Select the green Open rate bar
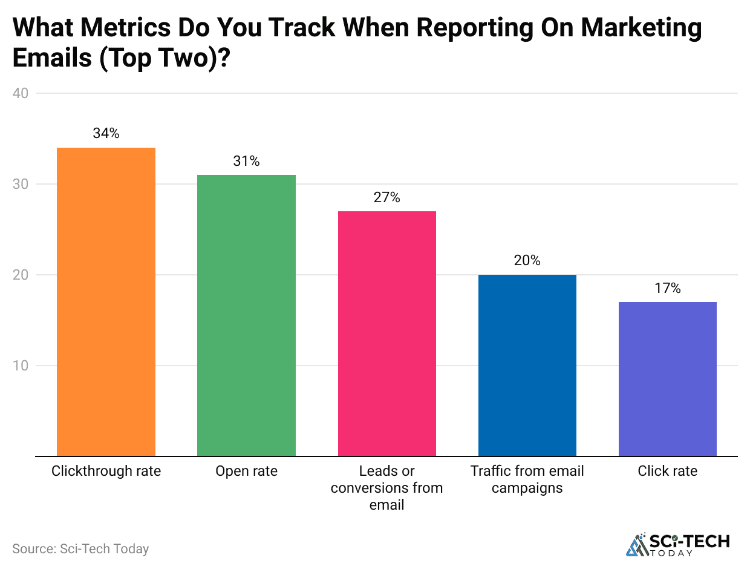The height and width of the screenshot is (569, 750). (x=246, y=315)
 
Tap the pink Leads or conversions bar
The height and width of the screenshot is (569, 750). (x=386, y=333)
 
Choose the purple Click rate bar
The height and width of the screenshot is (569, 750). (x=667, y=378)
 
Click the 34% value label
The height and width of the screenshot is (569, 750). (x=106, y=134)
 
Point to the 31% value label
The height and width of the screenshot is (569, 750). (x=246, y=161)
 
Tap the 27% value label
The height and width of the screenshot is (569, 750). (x=386, y=197)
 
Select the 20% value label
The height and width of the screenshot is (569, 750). (x=527, y=261)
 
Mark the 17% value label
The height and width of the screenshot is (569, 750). (x=667, y=288)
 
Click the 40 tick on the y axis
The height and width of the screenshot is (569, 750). (x=21, y=93)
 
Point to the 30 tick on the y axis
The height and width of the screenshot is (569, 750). (x=21, y=184)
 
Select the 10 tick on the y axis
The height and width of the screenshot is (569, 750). (x=21, y=366)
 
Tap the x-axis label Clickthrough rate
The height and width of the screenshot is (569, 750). (x=106, y=471)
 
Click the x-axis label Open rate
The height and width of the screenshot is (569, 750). (x=246, y=471)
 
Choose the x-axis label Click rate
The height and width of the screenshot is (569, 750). (x=667, y=471)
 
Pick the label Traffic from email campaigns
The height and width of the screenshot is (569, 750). (x=527, y=479)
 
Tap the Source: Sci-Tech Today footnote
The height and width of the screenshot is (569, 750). (x=80, y=549)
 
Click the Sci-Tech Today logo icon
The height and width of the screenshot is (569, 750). (x=636, y=544)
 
